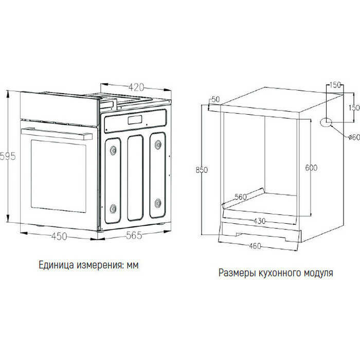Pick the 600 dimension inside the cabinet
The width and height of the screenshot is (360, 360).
311,168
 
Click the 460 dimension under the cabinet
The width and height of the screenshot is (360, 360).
256,246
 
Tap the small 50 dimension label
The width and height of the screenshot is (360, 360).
215,99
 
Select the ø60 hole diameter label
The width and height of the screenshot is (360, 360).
353,137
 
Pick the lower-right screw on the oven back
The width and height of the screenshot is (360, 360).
158,201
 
